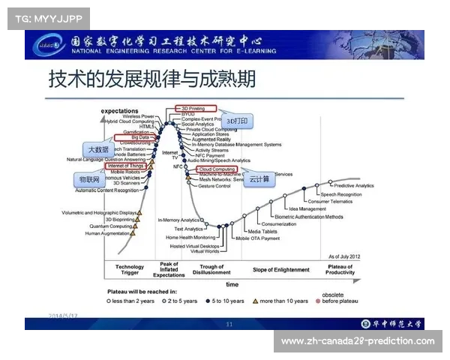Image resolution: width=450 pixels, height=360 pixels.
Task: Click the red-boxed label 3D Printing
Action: [x=196, y=109]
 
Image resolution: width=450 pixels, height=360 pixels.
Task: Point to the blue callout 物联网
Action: [x=90, y=181]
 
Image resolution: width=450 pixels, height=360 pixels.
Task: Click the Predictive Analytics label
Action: [x=354, y=185]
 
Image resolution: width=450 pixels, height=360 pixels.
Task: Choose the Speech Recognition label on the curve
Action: [x=341, y=193]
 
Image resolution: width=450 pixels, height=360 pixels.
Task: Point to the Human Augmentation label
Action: [x=107, y=233]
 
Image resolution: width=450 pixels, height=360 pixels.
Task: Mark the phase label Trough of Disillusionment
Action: [x=211, y=269]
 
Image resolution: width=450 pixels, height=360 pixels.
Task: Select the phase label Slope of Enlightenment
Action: [x=281, y=269]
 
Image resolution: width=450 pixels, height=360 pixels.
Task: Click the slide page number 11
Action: [x=229, y=324]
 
